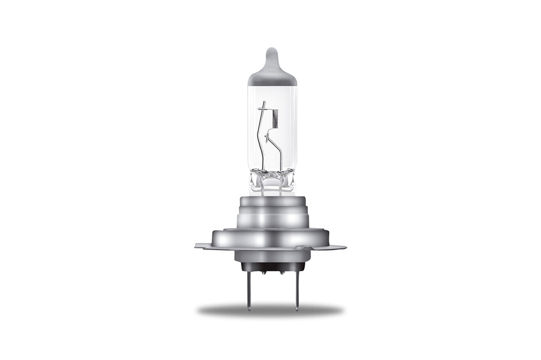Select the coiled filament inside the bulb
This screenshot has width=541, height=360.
click(275, 119)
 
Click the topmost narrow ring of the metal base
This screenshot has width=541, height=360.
click(272, 201)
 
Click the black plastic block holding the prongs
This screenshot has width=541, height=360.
click(272, 267)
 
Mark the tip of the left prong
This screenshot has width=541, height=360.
click(247, 308)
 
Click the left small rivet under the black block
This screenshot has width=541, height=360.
click(263, 273)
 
